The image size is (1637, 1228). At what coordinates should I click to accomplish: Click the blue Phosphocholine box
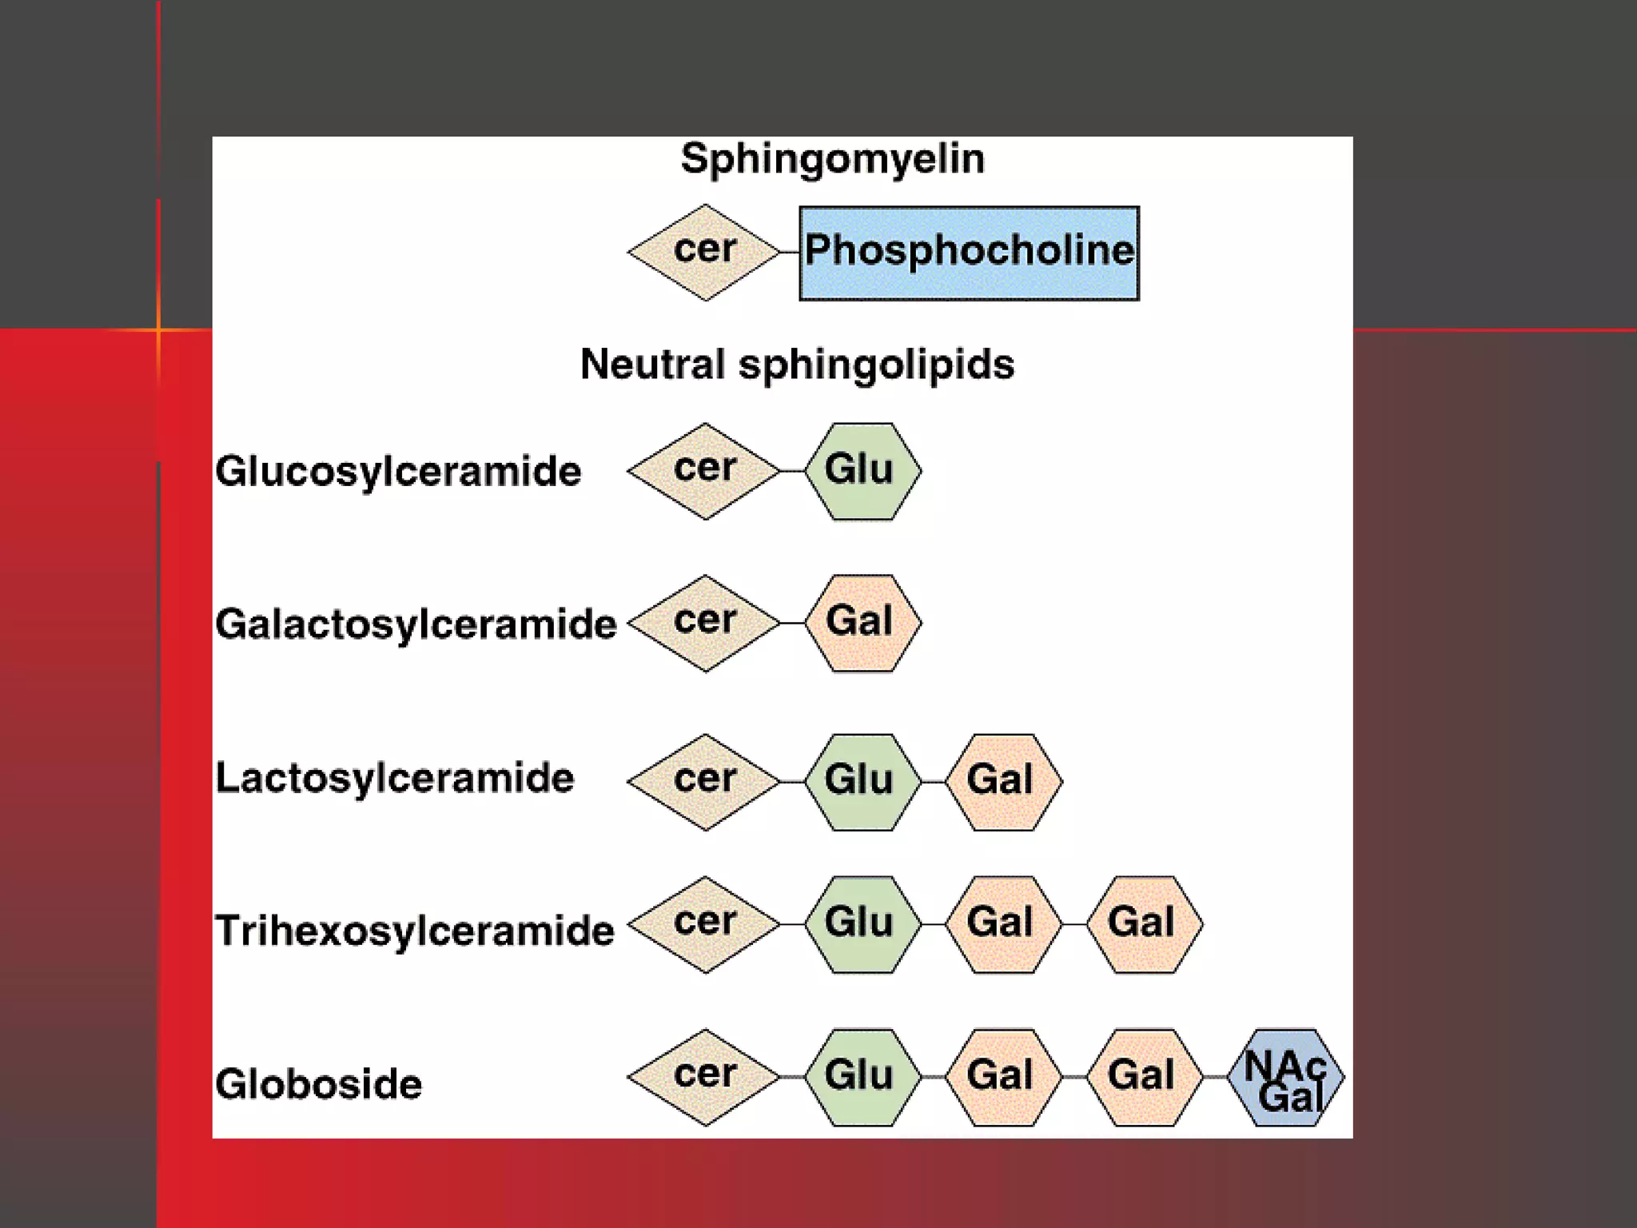pos(969,253)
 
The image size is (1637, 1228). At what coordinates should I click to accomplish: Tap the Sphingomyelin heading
pos(832,158)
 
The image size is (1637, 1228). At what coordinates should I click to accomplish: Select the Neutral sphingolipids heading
pos(797,365)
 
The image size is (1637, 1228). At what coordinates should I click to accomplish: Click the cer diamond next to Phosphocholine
pos(704,252)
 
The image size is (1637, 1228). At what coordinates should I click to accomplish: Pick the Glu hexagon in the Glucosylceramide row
pos(862,471)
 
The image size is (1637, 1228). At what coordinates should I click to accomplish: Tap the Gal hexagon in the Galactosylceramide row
pos(862,623)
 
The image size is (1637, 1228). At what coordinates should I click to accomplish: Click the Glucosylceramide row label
pos(398,471)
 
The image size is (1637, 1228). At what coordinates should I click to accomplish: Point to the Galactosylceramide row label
pos(416,624)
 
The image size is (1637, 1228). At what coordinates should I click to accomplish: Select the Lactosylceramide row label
pos(395,778)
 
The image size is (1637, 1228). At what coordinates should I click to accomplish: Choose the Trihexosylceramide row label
pos(415,931)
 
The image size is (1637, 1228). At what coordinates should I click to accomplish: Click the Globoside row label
pos(318,1084)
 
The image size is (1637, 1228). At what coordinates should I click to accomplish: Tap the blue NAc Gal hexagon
pos(1285,1077)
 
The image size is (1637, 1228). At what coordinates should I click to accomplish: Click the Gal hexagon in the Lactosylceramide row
pos(1002,781)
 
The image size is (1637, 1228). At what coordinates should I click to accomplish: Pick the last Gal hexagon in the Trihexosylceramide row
pos(1143,924)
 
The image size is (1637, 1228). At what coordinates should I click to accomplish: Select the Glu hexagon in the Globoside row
pos(862,1077)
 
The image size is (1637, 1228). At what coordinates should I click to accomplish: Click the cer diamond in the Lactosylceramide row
pos(704,781)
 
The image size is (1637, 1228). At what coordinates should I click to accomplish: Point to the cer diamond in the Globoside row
pos(704,1077)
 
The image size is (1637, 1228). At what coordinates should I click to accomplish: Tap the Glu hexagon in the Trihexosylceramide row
pos(862,924)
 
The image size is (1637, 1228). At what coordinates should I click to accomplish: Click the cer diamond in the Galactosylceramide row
pos(704,623)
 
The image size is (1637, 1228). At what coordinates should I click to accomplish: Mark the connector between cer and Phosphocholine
pos(789,252)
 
